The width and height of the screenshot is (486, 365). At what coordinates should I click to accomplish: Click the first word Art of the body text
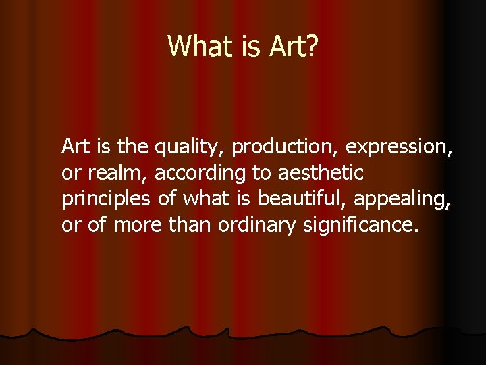74,145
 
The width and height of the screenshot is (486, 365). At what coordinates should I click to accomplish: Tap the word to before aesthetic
261,173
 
